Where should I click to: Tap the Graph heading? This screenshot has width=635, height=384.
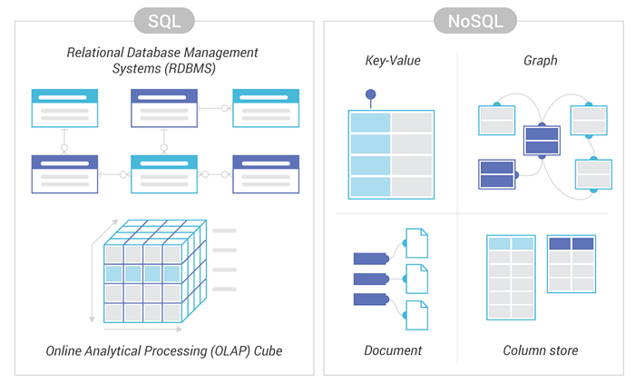tap(540, 62)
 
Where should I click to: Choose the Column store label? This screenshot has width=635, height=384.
tap(541, 350)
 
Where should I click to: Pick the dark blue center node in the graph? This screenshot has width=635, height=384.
tap(542, 141)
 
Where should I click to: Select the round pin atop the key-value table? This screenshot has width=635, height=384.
tap(370, 94)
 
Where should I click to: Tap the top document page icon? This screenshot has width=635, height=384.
tap(416, 241)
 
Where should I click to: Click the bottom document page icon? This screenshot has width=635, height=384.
tap(416, 314)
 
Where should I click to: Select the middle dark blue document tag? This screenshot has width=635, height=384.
tap(370, 279)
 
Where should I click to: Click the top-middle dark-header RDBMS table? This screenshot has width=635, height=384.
tap(164, 108)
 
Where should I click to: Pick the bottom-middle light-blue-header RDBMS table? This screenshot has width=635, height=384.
tap(164, 173)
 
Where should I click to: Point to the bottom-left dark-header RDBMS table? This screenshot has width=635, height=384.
tap(63, 173)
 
